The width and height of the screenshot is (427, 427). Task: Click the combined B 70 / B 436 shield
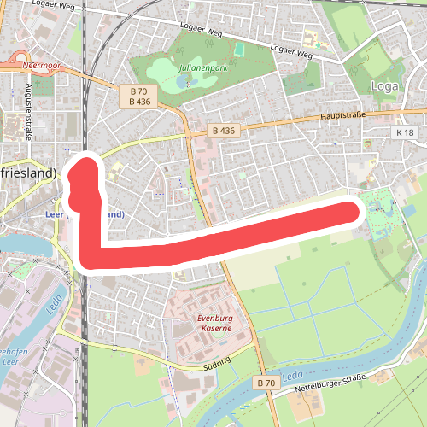(139, 96)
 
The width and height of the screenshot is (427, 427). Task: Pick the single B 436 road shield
(222, 132)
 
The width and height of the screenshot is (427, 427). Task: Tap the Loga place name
(386, 85)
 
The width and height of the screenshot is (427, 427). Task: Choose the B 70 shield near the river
(266, 384)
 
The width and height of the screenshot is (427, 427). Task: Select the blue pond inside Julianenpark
(184, 81)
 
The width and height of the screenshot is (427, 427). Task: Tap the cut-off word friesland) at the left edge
(27, 173)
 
